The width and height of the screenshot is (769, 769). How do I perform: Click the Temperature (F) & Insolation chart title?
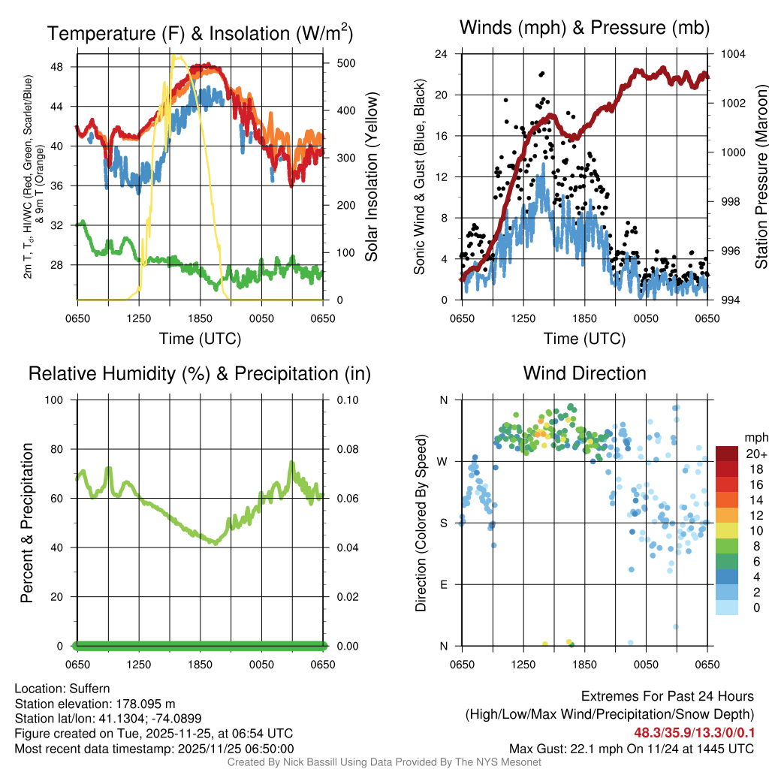point(200,33)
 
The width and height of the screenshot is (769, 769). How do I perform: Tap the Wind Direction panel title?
point(584,373)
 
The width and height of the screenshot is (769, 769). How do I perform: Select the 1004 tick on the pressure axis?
point(733,54)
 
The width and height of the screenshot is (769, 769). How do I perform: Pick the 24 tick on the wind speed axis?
point(442,54)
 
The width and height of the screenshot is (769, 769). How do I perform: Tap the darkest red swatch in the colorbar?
point(727,454)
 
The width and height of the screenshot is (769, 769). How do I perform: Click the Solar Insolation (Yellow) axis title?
point(372,176)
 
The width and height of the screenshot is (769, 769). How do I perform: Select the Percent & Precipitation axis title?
point(27,523)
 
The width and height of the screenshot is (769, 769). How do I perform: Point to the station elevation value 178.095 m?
point(143,704)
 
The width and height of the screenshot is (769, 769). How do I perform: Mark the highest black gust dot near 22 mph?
point(541,74)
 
